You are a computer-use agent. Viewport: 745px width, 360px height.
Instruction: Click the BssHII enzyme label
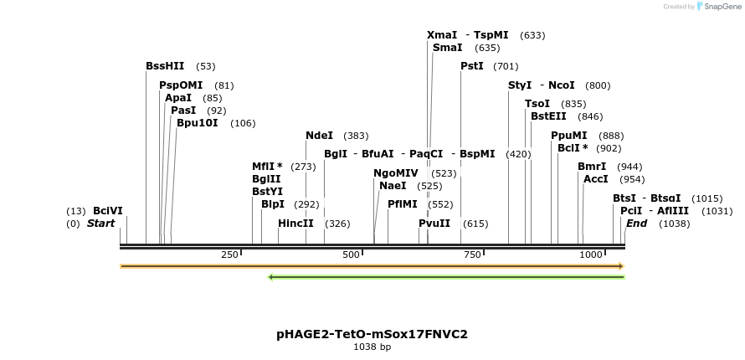pos(164,66)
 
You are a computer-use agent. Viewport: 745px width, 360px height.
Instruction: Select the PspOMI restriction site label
pos(181,85)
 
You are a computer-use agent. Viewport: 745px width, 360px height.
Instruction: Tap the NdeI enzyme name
pos(319,136)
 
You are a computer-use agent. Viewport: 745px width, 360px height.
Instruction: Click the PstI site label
pos(472,66)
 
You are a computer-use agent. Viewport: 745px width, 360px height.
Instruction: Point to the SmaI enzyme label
pos(447,48)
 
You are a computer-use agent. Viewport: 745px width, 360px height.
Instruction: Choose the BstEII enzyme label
pos(549,116)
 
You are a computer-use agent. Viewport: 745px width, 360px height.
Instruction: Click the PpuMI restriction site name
pos(569,136)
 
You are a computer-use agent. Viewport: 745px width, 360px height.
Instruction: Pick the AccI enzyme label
pos(596,179)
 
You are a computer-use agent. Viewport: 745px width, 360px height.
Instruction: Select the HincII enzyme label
pos(295,224)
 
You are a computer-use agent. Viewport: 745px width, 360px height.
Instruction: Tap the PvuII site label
pos(434,224)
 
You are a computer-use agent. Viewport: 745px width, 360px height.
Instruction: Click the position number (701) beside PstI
pos(506,66)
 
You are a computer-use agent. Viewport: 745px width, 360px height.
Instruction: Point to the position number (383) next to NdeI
pos(356,136)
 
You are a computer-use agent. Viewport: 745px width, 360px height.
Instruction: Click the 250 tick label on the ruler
pos(229,255)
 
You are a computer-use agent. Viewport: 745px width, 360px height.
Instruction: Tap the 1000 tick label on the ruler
pos(591,255)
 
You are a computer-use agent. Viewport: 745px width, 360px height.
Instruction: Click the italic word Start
pos(100,224)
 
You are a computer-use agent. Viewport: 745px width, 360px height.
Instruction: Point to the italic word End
pos(636,224)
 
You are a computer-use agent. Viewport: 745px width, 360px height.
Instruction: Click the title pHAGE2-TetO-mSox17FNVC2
pos(372,334)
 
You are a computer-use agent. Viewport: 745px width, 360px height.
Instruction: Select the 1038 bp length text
pos(372,347)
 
